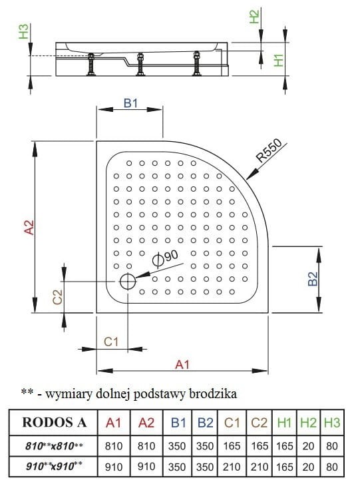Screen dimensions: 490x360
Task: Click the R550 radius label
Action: [270, 152]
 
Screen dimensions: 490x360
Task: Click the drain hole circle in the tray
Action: [127, 282]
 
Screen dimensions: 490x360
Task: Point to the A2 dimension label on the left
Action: [29, 226]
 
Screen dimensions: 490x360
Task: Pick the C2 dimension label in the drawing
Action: [58, 297]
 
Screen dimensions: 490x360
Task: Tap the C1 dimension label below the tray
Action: [111, 341]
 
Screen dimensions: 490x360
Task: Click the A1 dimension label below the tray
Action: [182, 364]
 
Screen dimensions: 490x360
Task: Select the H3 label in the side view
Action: [23, 31]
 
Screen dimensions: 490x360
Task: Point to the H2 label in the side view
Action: [254, 17]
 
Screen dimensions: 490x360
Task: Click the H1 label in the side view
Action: [279, 60]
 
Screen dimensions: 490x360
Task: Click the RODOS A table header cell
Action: [55, 422]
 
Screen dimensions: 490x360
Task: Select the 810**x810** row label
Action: [55, 444]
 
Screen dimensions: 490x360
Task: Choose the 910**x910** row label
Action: [55, 467]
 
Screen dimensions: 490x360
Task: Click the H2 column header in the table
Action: [308, 422]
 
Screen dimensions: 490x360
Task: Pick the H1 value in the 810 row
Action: [284, 444]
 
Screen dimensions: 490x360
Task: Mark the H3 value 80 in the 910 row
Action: [331, 467]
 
